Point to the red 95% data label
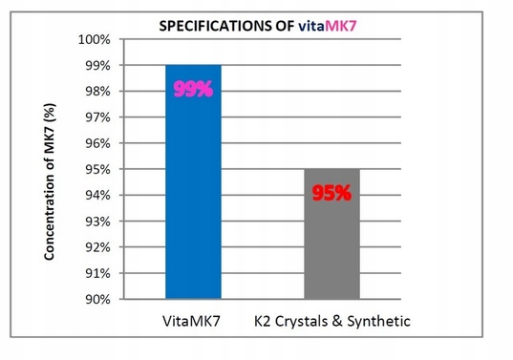(332, 193)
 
